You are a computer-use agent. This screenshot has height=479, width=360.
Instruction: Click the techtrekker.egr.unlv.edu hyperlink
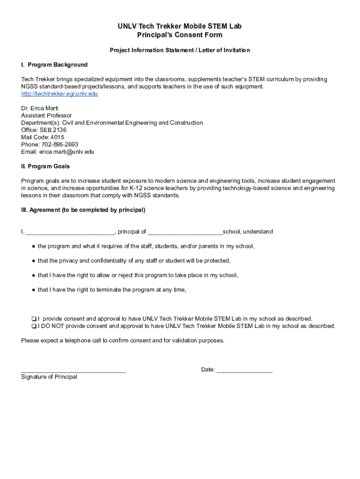[59, 94]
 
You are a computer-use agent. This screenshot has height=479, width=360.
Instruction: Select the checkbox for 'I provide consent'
[34, 319]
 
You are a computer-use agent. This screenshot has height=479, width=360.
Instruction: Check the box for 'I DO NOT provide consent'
[34, 327]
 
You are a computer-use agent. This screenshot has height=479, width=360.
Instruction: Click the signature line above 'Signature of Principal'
[73, 370]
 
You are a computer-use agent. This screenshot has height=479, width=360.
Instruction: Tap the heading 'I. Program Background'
[54, 65]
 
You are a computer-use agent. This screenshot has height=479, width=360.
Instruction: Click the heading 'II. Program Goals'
[45, 167]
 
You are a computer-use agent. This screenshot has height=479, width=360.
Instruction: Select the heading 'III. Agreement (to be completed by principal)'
[83, 210]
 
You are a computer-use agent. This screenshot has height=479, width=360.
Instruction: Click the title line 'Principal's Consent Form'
[180, 35]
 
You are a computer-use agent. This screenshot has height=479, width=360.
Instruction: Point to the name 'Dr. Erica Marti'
[40, 109]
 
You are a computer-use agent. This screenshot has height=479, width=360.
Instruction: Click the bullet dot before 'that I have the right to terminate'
[34, 290]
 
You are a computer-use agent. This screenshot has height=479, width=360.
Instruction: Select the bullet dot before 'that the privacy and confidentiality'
[34, 261]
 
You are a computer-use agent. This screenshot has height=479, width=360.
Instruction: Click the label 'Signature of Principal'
[49, 377]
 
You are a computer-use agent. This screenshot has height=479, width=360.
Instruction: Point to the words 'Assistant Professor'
[46, 116]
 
